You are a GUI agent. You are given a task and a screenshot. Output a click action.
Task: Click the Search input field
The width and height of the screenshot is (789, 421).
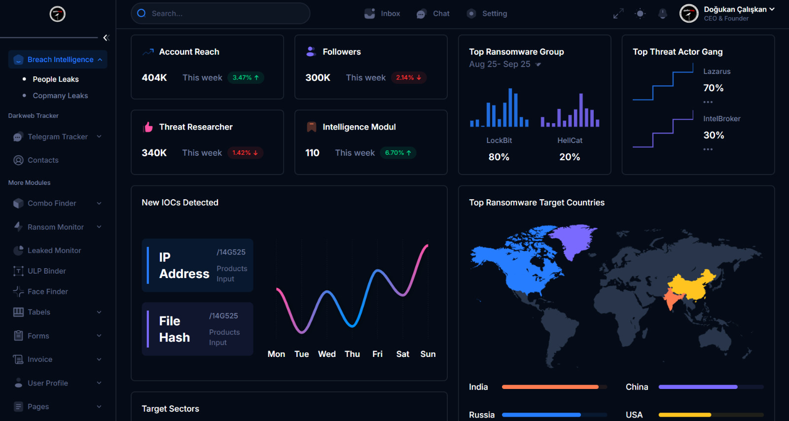tap(220, 13)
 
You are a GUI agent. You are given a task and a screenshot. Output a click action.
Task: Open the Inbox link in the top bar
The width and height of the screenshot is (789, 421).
tap(382, 13)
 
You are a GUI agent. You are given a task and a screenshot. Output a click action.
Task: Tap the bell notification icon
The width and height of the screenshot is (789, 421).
tap(663, 14)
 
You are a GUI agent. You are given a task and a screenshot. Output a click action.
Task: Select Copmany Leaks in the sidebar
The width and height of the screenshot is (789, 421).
tap(60, 96)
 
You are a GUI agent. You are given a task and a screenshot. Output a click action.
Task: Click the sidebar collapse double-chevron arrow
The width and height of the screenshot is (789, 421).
tap(106, 37)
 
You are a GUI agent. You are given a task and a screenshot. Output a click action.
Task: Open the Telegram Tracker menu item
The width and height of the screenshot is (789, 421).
tap(57, 137)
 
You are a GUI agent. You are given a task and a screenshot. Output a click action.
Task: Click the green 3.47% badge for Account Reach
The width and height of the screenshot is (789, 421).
tap(246, 77)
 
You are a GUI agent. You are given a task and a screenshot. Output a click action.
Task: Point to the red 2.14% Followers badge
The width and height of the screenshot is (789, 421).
tap(409, 77)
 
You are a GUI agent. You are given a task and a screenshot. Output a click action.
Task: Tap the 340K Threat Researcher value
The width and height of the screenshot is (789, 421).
tap(154, 153)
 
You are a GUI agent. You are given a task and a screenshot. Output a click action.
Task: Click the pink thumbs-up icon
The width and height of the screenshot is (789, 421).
tap(148, 127)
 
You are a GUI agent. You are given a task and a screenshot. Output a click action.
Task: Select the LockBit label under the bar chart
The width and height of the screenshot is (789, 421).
tap(499, 140)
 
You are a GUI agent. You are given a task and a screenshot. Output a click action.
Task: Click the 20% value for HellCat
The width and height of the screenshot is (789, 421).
tap(570, 157)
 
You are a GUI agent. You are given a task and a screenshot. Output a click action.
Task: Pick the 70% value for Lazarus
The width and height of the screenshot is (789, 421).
tap(713, 88)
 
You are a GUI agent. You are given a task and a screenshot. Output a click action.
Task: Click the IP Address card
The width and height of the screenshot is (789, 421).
tap(197, 265)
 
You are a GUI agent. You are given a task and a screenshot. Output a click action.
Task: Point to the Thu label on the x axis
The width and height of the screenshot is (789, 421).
tap(352, 354)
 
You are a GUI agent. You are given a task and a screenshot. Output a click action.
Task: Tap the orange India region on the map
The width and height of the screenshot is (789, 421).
tap(672, 298)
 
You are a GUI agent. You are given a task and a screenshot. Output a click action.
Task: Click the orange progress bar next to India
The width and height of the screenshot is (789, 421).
tap(550, 387)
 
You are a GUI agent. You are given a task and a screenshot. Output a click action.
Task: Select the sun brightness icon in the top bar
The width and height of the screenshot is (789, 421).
tap(640, 14)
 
